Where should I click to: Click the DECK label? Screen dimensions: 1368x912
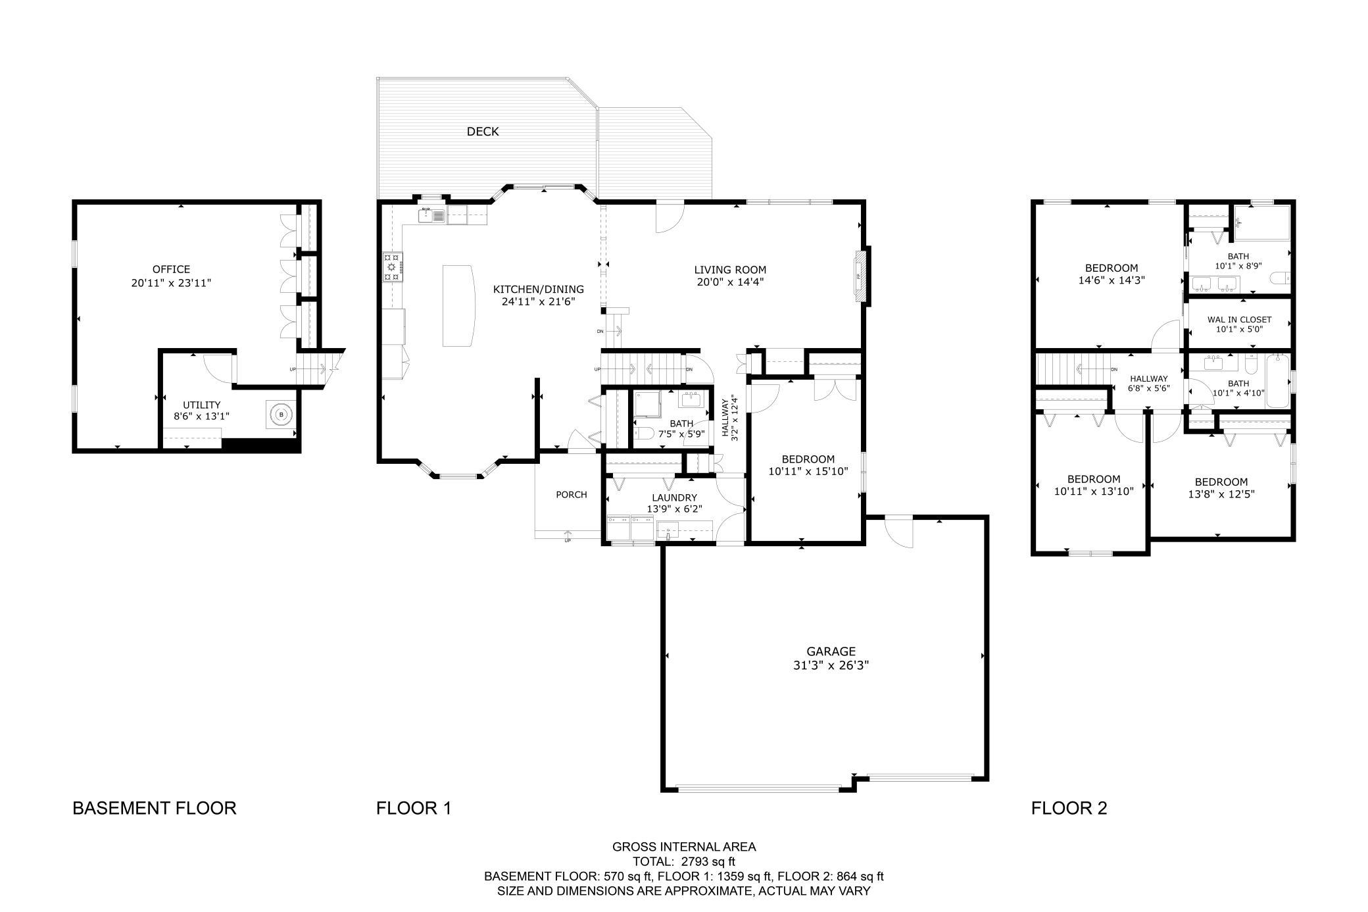click(483, 132)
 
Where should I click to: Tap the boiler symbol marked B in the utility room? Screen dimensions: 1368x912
click(281, 415)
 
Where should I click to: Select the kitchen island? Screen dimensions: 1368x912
click(458, 305)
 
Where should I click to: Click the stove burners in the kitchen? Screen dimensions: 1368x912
click(393, 267)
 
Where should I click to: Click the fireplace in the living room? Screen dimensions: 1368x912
click(859, 276)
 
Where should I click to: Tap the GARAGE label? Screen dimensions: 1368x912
click(831, 651)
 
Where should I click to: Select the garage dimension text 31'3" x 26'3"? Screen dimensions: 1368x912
click(831, 665)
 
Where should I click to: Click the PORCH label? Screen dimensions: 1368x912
click(571, 495)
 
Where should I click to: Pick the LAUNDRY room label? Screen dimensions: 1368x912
click(674, 498)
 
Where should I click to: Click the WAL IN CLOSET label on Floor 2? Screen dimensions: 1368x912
click(1239, 320)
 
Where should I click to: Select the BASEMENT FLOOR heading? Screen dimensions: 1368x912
click(155, 808)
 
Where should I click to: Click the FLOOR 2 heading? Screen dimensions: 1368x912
click(1069, 808)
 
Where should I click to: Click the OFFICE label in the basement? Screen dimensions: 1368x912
click(171, 269)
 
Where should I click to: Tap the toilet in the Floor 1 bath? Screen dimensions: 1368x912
click(643, 432)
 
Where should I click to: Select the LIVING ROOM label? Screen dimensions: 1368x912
click(730, 270)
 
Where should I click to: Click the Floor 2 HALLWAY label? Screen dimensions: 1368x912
click(1149, 378)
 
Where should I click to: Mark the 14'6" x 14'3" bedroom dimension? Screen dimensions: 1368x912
click(1111, 280)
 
